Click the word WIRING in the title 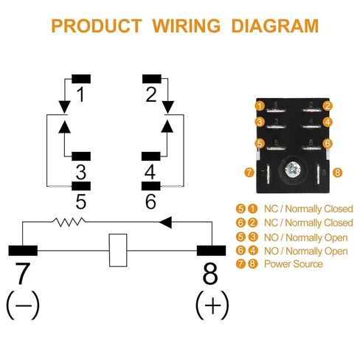tap(187, 26)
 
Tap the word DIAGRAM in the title tap(275, 26)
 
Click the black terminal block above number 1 tap(81, 79)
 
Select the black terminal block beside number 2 tap(152, 79)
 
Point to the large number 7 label tap(23, 273)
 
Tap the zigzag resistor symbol tap(69, 221)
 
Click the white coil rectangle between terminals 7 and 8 tap(118, 250)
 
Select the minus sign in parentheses tap(23, 305)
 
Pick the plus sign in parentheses tap(212, 305)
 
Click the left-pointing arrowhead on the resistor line tap(165, 222)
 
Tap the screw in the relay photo tap(293, 170)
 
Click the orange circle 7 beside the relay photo tap(249, 172)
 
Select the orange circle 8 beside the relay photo tap(337, 172)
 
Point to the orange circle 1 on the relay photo tap(260, 106)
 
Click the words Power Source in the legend tap(294, 264)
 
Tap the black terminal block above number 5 tap(81, 186)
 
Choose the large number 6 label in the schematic tap(150, 201)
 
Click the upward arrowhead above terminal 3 tap(64, 127)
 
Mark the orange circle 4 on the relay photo tap(328, 122)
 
